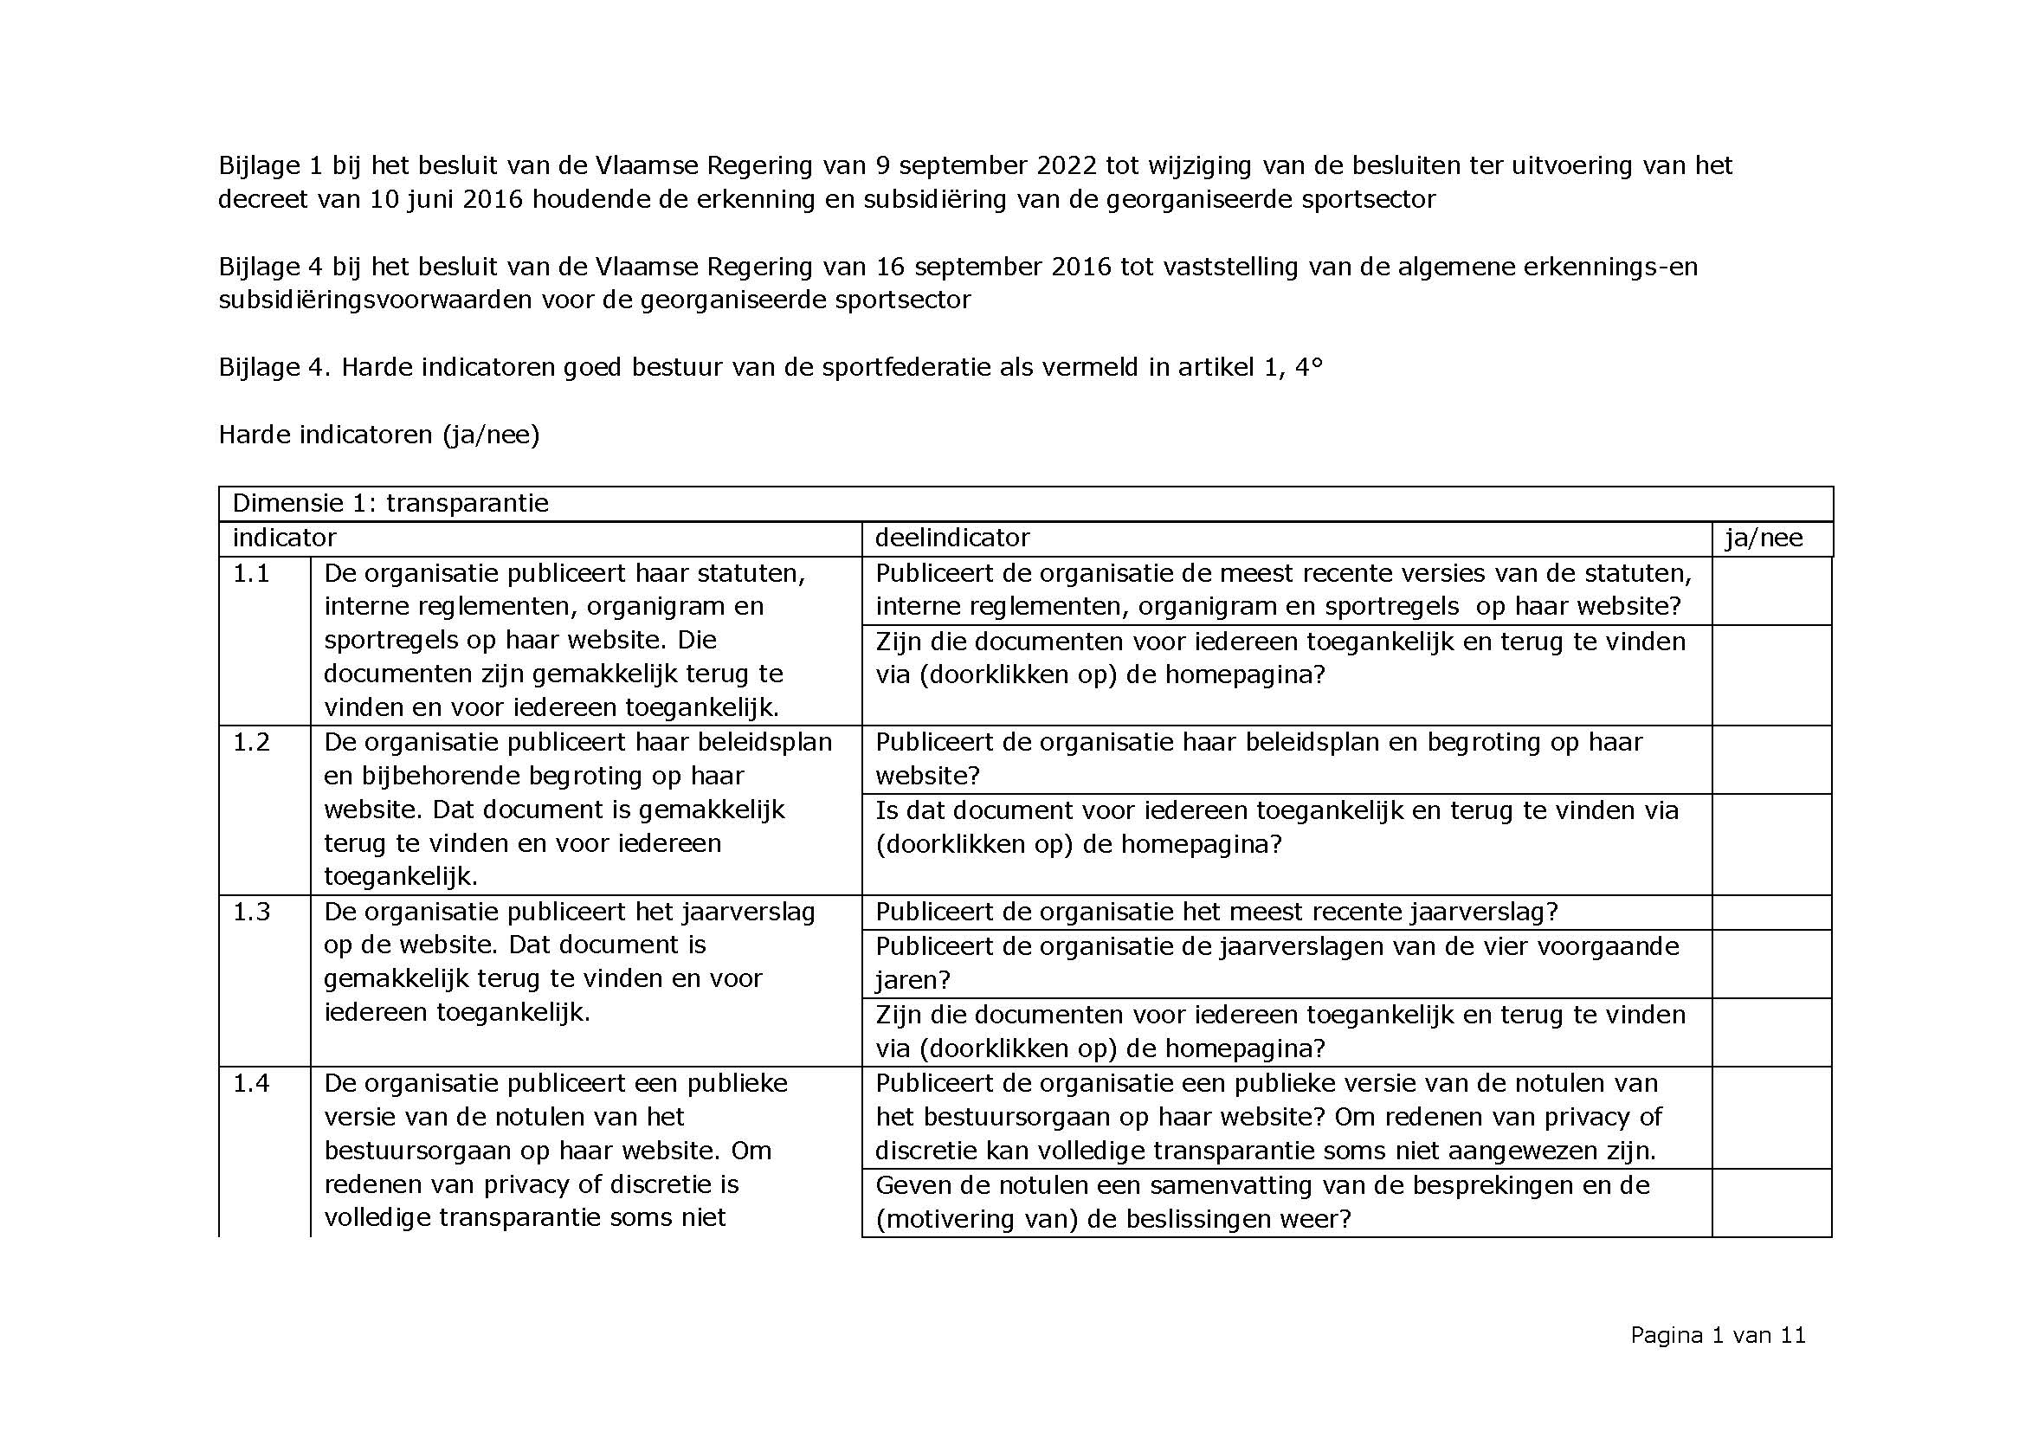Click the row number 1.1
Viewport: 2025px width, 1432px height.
click(250, 574)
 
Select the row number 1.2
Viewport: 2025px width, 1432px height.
click(250, 743)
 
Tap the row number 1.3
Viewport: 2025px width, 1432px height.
click(250, 912)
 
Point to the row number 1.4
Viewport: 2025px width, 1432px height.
click(250, 1083)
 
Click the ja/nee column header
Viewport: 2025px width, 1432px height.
click(1764, 538)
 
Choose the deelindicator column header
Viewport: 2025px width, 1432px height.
click(951, 538)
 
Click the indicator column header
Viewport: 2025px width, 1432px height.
click(284, 538)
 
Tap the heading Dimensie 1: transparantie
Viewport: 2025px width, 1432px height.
click(390, 504)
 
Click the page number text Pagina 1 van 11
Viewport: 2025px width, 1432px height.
click(1717, 1335)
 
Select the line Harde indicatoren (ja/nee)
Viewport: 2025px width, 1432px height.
click(378, 435)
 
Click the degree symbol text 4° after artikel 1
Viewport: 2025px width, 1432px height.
click(1309, 367)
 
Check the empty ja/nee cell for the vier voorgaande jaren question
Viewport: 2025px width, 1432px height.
click(1771, 964)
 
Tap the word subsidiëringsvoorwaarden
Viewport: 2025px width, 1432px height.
click(375, 300)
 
